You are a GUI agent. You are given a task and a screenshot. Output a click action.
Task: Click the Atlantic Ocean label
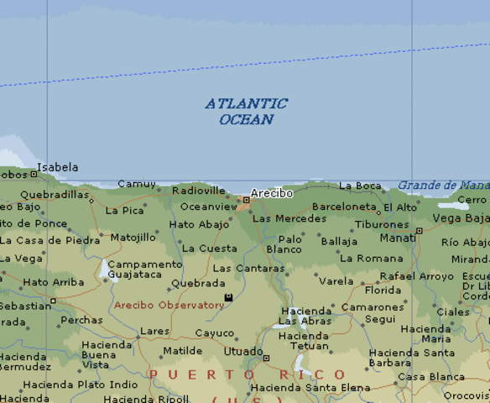coord(246,112)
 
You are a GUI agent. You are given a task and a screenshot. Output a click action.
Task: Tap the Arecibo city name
coord(272,193)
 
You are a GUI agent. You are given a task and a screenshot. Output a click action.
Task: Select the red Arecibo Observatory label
coord(169,305)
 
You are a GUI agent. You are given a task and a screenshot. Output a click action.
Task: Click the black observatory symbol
coord(228,297)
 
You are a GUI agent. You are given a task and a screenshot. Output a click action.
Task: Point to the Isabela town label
coord(57,167)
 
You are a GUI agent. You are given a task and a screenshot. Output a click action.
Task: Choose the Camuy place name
coord(137,184)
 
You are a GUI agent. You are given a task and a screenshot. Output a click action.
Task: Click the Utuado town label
coord(243,350)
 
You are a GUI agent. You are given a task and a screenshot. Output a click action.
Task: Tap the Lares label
coord(154,332)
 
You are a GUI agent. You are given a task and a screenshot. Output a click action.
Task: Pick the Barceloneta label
coord(344,207)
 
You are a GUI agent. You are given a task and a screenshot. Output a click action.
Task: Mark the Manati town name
coord(398,238)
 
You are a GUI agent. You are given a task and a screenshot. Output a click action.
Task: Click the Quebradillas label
coord(54,195)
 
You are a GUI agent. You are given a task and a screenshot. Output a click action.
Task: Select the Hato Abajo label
coord(199,225)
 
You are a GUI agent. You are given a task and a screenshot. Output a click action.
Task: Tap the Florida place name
coord(383,290)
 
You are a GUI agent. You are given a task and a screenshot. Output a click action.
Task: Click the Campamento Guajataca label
coord(144,269)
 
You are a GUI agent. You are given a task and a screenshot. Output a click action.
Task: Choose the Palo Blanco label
coord(284,244)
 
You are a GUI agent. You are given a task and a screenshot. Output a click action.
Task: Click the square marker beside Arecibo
coord(246,200)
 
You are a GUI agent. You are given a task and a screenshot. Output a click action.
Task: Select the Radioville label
coord(199,191)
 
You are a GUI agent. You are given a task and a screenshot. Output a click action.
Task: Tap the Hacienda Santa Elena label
coord(310,387)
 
